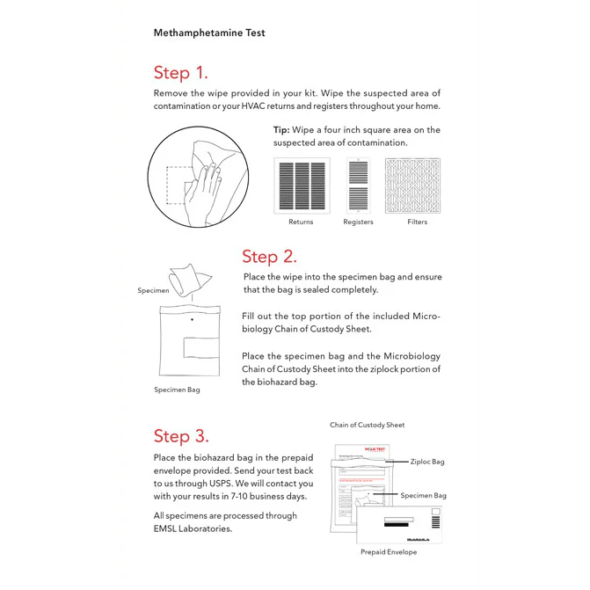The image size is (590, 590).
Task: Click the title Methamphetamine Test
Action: click(209, 33)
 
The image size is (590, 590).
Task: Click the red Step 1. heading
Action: click(180, 72)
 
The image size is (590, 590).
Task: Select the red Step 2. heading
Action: click(269, 257)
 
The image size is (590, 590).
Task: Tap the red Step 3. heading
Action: click(181, 436)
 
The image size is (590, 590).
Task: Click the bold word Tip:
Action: click(281, 130)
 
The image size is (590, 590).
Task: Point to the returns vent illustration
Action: click(302, 185)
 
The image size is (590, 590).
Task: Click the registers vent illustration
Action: click(358, 185)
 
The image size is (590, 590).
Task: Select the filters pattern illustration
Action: click(418, 185)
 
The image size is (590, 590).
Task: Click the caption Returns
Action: click(301, 222)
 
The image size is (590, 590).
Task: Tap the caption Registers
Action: click(358, 222)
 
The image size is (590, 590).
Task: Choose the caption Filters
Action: click(418, 222)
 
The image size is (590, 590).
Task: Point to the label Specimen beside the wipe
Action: click(152, 290)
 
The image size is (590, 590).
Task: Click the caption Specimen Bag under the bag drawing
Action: click(177, 390)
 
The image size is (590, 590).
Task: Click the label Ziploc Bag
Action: click(427, 462)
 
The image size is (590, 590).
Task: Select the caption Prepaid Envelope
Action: click(389, 552)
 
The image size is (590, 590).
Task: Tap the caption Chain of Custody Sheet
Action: click(368, 425)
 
